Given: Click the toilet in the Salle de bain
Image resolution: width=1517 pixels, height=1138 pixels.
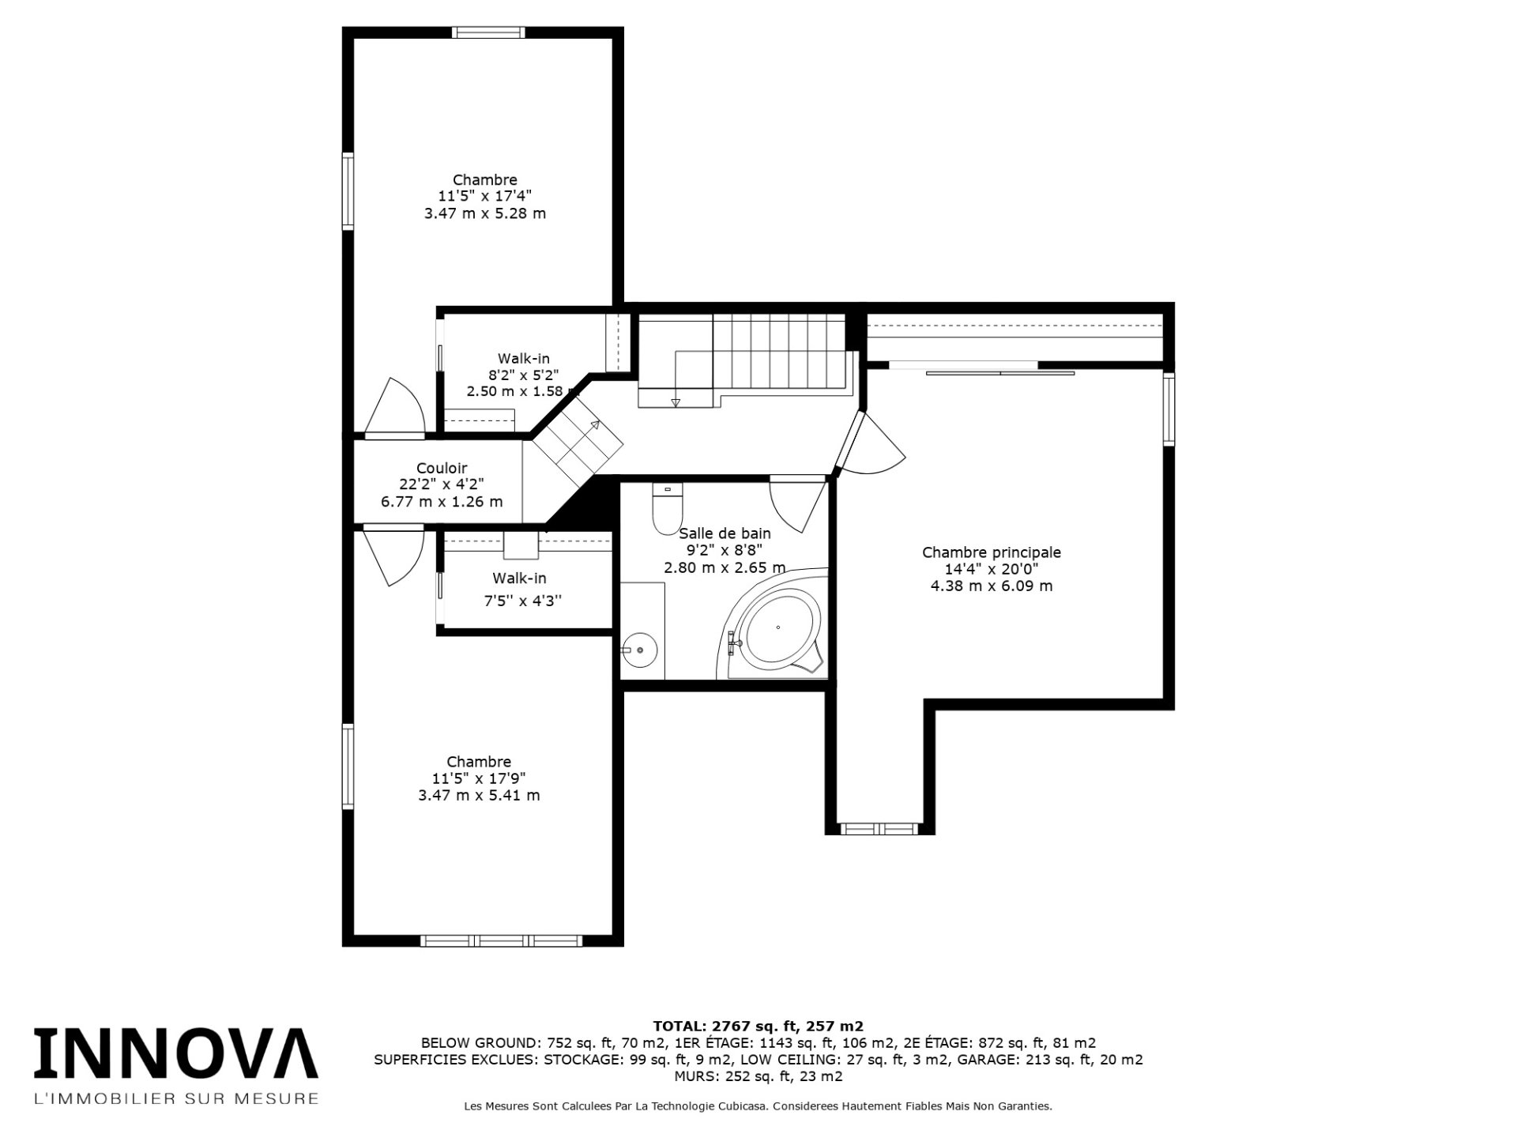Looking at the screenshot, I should coord(666,511).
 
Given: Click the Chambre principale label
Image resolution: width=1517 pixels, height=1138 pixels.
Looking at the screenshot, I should coord(991,552).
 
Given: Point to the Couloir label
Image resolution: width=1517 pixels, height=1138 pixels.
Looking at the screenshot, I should coord(442,469).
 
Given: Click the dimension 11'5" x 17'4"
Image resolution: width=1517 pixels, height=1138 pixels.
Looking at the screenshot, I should coord(484,197).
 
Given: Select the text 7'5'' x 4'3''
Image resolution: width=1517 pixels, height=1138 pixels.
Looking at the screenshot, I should coord(522,601).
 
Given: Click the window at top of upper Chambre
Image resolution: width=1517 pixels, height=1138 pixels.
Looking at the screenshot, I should coord(488,32).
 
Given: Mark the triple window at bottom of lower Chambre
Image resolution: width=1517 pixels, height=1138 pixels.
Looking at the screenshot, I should coord(501,940).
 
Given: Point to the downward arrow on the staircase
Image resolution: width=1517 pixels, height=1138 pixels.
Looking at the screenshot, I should coord(675,403).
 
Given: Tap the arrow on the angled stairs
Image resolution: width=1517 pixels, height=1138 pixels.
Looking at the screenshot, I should coord(595,425).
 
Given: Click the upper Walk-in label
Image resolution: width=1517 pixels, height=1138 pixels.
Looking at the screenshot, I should coord(523,359).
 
